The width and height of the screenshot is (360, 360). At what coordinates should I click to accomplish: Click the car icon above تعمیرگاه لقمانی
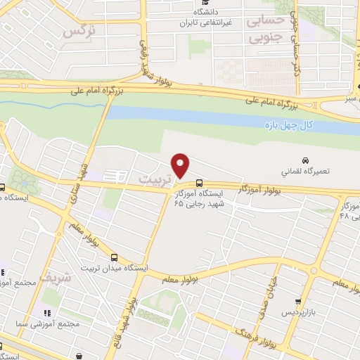tap(306, 160)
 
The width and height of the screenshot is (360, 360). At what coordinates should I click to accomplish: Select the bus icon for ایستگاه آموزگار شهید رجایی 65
tap(200, 182)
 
